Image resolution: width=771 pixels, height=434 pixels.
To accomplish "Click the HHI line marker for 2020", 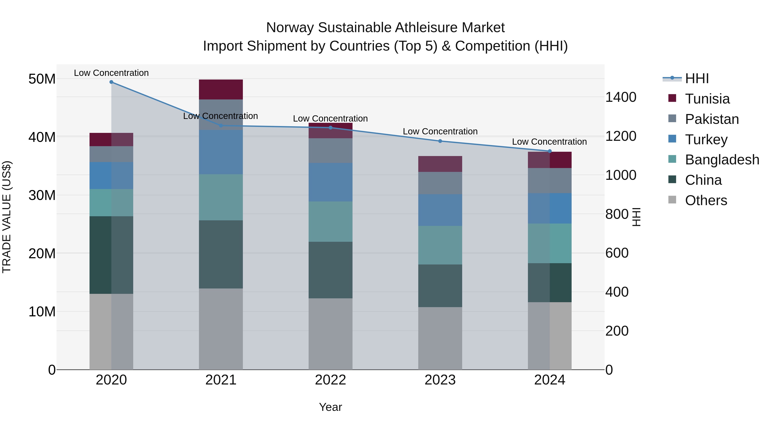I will (111, 82).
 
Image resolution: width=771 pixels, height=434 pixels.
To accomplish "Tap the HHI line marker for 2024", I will (550, 151).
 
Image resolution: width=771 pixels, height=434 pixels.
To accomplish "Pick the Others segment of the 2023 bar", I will (440, 338).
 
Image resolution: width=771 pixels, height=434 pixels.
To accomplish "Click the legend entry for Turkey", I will (706, 140).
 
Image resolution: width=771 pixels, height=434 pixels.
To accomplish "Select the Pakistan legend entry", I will (712, 119).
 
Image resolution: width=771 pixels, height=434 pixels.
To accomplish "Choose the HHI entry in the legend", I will (697, 78).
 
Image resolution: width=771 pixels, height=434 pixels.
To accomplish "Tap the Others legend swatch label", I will (706, 200).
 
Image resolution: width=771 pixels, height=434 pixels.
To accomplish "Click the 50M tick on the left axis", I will (42, 79).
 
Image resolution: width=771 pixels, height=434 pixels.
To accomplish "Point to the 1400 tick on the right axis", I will (621, 97).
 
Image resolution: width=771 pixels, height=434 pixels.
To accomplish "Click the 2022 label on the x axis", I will (330, 380).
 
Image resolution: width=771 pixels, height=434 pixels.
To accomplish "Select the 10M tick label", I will (42, 312).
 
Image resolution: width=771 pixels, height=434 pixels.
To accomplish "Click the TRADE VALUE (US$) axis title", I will (7, 217).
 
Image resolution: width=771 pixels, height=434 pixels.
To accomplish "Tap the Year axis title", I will (330, 407).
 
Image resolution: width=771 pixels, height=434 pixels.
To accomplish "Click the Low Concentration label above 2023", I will (440, 132).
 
